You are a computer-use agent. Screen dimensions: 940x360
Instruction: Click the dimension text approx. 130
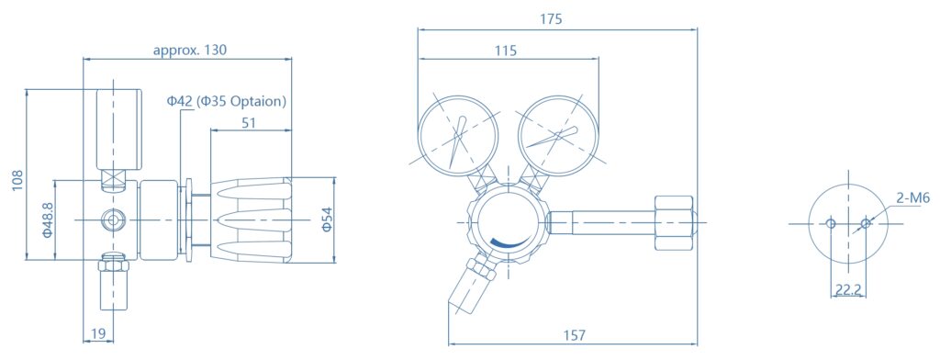tap(190, 50)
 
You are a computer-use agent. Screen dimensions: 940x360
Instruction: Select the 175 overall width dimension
tap(551, 19)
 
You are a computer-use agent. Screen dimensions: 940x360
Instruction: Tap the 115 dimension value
tap(506, 51)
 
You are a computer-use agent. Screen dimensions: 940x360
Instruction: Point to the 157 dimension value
tap(574, 335)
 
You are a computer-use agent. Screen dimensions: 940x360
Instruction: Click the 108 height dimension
tap(17, 181)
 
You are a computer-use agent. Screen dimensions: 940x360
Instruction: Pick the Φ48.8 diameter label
tap(48, 219)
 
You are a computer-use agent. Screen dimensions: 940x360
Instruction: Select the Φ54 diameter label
tap(327, 219)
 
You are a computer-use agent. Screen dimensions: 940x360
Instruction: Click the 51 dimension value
tap(249, 123)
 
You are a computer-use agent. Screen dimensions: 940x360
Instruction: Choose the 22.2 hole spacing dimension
tap(847, 290)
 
